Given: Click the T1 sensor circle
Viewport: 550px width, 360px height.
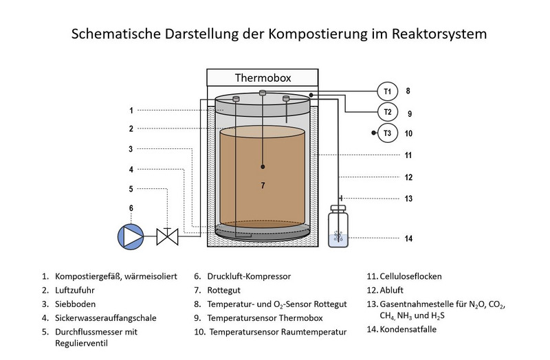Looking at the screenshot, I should coord(388,91).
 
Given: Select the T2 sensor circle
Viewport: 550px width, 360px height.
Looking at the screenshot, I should coord(388,112).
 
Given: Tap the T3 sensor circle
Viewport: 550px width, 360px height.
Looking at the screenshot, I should coord(388,133).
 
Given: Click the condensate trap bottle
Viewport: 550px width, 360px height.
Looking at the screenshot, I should coord(338,229).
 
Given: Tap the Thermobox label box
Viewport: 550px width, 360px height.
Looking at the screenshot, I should coord(263,78).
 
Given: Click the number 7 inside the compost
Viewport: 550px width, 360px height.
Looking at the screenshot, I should coord(263,185).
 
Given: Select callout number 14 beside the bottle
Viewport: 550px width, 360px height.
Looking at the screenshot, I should coord(408,239).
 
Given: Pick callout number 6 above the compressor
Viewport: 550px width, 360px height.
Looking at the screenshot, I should coord(131,207).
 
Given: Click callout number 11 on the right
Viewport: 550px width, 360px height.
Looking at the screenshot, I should coord(408,155).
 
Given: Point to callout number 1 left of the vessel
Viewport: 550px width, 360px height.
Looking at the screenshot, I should coord(131,109).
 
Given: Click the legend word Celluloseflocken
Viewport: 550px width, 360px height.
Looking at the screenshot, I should coord(412,277).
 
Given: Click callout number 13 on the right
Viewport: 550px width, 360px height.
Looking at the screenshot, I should coord(408,199).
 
